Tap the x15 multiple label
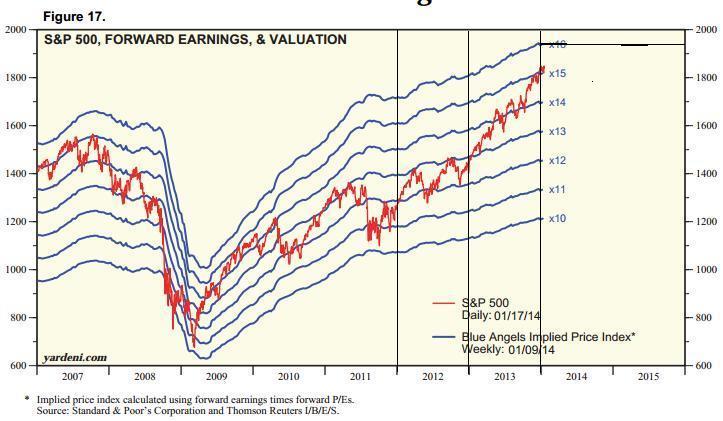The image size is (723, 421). click(x=557, y=74)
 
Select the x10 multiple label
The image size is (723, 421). click(x=557, y=217)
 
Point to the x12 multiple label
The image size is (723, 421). click(x=557, y=160)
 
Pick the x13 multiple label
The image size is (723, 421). click(x=557, y=131)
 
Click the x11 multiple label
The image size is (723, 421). click(x=557, y=188)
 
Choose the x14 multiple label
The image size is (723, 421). click(x=557, y=102)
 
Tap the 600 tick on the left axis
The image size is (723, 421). click(x=18, y=366)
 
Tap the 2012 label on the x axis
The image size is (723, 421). click(x=432, y=377)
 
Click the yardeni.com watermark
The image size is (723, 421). click(x=76, y=357)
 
